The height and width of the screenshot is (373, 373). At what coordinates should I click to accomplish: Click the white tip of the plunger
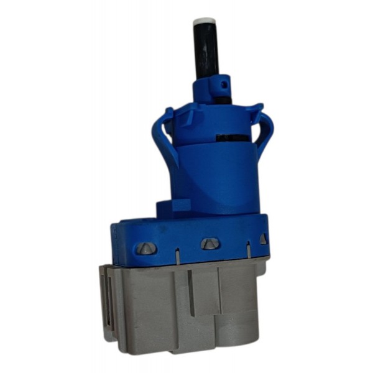204,22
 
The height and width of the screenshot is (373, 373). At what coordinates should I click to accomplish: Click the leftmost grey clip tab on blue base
145,248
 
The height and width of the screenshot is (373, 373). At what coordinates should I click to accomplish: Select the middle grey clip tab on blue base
209,244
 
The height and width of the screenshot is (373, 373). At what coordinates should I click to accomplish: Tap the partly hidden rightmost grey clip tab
263,239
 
